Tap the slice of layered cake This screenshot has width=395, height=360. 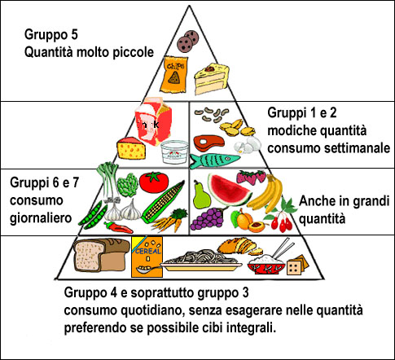tap(211, 79)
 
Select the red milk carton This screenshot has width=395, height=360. tap(154, 121)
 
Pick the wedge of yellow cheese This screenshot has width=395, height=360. tap(131, 148)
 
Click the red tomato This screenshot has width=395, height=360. tap(154, 182)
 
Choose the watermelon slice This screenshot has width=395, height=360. tap(229, 190)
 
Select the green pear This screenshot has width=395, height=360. tap(201, 195)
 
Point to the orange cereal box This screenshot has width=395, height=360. tap(147, 257)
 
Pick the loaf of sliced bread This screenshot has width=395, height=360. tap(101, 255)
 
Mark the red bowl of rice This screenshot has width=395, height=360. tap(266, 265)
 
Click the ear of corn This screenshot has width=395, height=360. tap(164, 202)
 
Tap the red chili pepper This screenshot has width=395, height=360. tap(118, 227)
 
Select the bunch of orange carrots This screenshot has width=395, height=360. tap(170, 220)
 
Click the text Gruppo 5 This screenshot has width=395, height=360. tap(51, 35)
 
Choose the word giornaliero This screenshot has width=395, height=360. tap(41, 218)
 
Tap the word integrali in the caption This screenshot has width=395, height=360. tap(251, 328)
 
